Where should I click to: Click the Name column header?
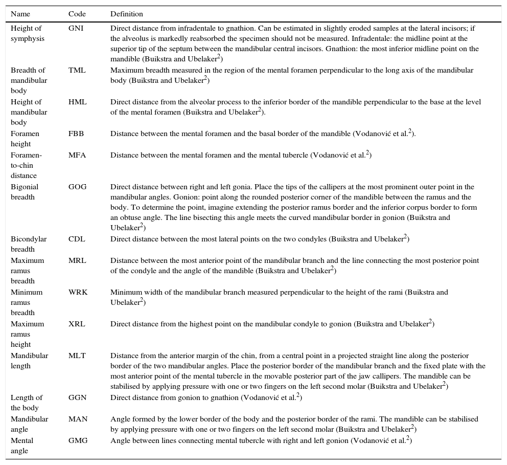click(20, 14)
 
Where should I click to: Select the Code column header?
click(77, 14)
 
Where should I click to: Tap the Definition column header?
click(127, 14)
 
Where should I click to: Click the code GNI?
click(76, 29)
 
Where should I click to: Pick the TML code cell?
click(77, 71)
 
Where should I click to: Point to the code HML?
click(77, 102)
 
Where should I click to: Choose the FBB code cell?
click(76, 134)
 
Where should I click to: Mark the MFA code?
click(77, 156)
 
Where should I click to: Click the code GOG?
click(78, 187)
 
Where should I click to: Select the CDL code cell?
click(77, 239)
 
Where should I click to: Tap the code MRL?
click(77, 261)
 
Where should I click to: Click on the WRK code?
click(78, 293)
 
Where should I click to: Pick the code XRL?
click(77, 324)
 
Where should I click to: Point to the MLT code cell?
click(77, 356)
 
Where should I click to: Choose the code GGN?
click(78, 398)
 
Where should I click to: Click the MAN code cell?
click(78, 419)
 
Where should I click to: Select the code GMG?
click(78, 441)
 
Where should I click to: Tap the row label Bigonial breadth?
click(25, 192)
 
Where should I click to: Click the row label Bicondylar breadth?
click(26, 245)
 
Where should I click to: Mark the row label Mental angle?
click(22, 446)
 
